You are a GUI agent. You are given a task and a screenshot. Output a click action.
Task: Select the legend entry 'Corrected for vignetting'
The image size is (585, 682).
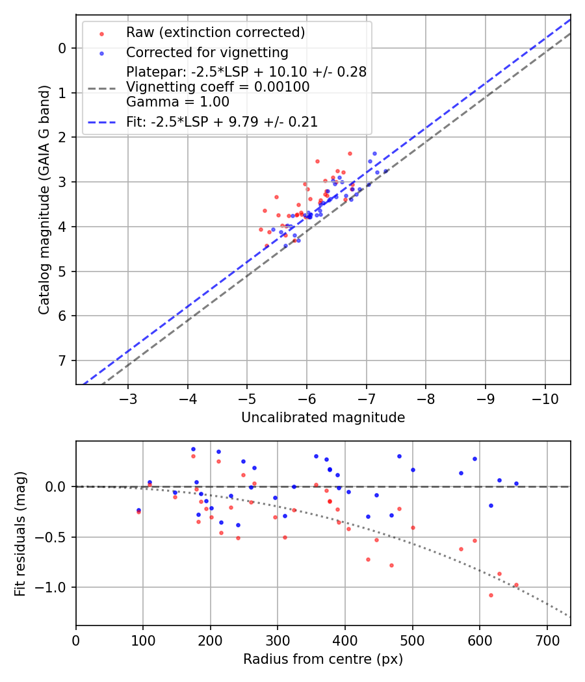pyautogui.click(x=207, y=52)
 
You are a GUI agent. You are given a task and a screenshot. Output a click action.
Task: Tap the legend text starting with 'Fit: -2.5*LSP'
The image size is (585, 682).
pyautogui.click(x=222, y=121)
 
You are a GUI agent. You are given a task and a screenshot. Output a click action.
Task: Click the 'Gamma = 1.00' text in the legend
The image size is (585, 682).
pyautogui.click(x=177, y=101)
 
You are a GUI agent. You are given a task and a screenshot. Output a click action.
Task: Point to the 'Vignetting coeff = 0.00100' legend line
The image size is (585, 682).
pyautogui.click(x=218, y=87)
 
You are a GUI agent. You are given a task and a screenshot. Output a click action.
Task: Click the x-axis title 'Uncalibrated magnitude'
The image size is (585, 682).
pyautogui.click(x=323, y=418)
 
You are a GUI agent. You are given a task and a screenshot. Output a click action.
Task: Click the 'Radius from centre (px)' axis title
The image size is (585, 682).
pyautogui.click(x=323, y=659)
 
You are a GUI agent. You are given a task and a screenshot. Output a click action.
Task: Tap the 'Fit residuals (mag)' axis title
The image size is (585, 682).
pyautogui.click(x=20, y=533)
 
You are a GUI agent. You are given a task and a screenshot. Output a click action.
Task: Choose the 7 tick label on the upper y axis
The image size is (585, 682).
pyautogui.click(x=62, y=360)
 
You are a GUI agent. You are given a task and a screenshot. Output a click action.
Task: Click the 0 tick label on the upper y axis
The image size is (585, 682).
pyautogui.click(x=62, y=48)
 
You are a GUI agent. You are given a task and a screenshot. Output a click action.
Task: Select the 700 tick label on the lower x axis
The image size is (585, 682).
pyautogui.click(x=547, y=640)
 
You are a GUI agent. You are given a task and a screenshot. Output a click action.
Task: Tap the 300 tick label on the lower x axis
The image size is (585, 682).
pyautogui.click(x=278, y=640)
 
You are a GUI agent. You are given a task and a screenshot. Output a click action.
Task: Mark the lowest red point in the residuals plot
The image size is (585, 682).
pyautogui.click(x=491, y=595)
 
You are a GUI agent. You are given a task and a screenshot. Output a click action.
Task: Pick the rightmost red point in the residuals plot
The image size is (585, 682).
pyautogui.click(x=516, y=585)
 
